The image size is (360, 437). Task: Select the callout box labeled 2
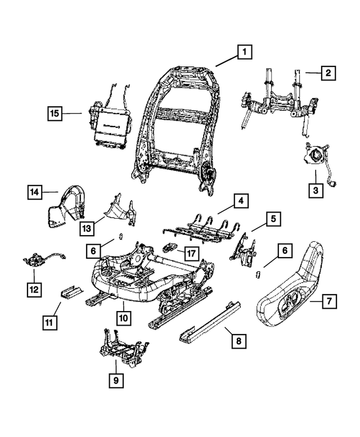point(328,73)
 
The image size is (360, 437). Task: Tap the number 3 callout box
point(316,191)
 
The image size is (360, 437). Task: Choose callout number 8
point(238,340)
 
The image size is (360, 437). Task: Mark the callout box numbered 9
point(116,381)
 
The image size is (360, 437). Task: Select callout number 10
point(124,317)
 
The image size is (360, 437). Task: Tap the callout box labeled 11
point(51,322)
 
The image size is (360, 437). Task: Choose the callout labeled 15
point(54,114)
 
